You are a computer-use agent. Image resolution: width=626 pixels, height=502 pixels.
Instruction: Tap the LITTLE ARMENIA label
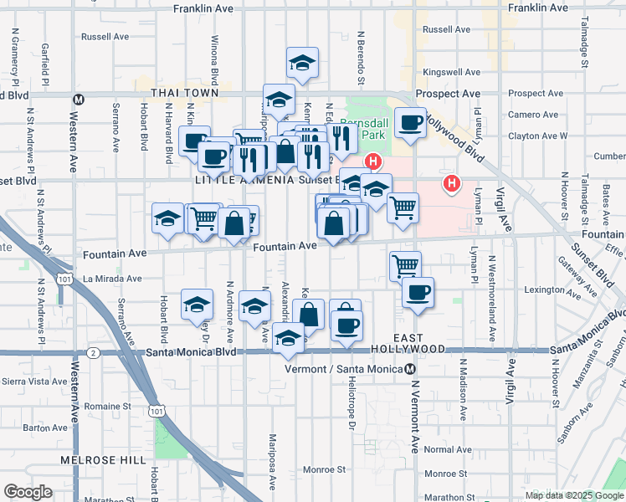244,180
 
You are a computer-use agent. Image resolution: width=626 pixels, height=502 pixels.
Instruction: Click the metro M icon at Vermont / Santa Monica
410,369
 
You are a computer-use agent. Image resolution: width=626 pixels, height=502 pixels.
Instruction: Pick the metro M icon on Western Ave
77,98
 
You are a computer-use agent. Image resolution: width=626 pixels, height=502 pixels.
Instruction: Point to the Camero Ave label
532,115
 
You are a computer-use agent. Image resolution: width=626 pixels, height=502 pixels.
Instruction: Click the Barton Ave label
45,428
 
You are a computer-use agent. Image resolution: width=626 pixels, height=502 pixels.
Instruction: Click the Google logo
28,491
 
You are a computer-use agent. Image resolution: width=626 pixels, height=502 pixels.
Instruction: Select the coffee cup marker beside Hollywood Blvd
410,123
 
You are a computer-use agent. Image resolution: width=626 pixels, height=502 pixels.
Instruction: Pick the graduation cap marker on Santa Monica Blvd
289,338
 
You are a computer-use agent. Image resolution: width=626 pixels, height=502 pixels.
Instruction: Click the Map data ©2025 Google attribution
574,495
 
